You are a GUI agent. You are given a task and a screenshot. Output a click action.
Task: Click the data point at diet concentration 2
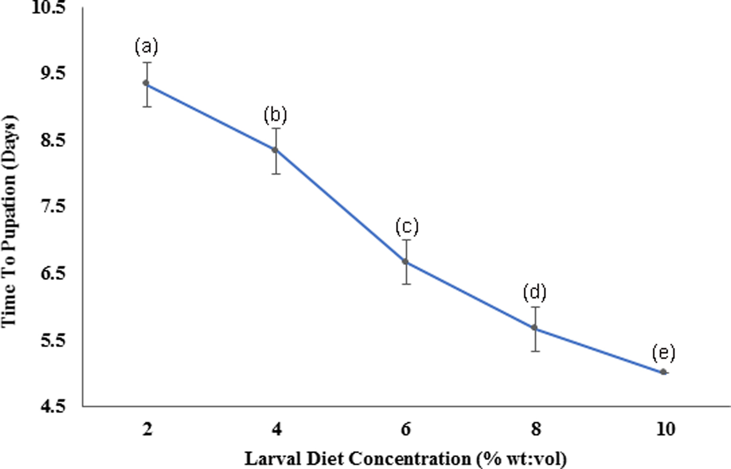coord(146,83)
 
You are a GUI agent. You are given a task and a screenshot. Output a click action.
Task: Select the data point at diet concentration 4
coord(275,150)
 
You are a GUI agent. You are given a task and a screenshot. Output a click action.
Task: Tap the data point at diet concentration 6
coord(405,261)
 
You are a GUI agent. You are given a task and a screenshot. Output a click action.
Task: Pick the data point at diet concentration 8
coord(534,327)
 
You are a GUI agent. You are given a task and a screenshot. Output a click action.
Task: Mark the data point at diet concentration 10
coord(663,372)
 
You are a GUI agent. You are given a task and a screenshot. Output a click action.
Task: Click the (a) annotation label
coord(146,47)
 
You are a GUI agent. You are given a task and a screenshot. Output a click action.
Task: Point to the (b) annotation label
coord(275,114)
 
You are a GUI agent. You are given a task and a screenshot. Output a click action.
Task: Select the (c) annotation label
coord(407,227)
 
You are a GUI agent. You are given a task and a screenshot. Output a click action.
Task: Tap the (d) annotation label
coord(534,292)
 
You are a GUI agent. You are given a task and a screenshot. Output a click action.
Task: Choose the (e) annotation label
coord(663,353)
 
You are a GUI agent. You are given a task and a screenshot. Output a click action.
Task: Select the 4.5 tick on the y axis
coord(53,406)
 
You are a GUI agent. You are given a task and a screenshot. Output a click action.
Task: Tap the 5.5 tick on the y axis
coord(53,340)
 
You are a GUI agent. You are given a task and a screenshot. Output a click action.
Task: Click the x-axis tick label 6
coord(406,429)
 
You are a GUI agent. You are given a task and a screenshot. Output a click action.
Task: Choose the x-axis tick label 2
coord(147,429)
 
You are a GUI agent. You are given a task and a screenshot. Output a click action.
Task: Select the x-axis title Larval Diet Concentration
coord(405,459)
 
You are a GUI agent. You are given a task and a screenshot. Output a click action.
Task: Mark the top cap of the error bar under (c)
coord(406,240)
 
